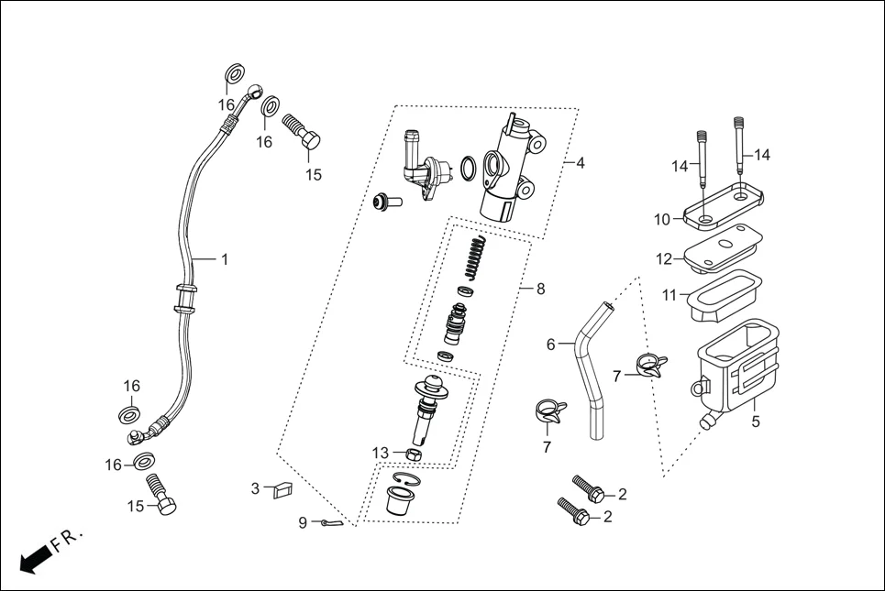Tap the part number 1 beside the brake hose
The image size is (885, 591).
click(x=224, y=259)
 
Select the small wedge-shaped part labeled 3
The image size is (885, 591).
click(x=282, y=492)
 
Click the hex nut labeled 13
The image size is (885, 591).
click(x=413, y=454)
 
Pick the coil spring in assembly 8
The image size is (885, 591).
click(x=472, y=257)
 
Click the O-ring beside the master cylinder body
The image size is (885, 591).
click(x=469, y=169)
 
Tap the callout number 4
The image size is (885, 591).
click(x=580, y=163)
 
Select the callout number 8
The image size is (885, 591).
click(x=540, y=289)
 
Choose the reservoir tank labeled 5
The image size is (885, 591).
click(x=734, y=367)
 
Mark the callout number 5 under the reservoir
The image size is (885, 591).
click(x=756, y=422)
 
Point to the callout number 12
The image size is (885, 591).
click(x=664, y=259)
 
